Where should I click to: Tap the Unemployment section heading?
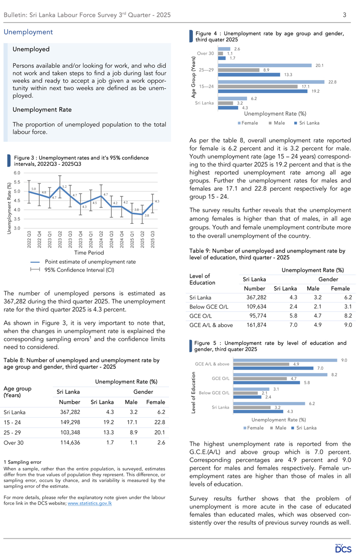click(x=28, y=32)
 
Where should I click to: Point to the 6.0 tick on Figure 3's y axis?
click(x=16, y=172)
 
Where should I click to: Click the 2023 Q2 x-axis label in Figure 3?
click(x=60, y=238)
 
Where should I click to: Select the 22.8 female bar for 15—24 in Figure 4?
click(x=272, y=82)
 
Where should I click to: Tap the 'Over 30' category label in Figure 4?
click(x=204, y=53)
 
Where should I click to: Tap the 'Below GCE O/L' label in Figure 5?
click(x=212, y=393)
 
